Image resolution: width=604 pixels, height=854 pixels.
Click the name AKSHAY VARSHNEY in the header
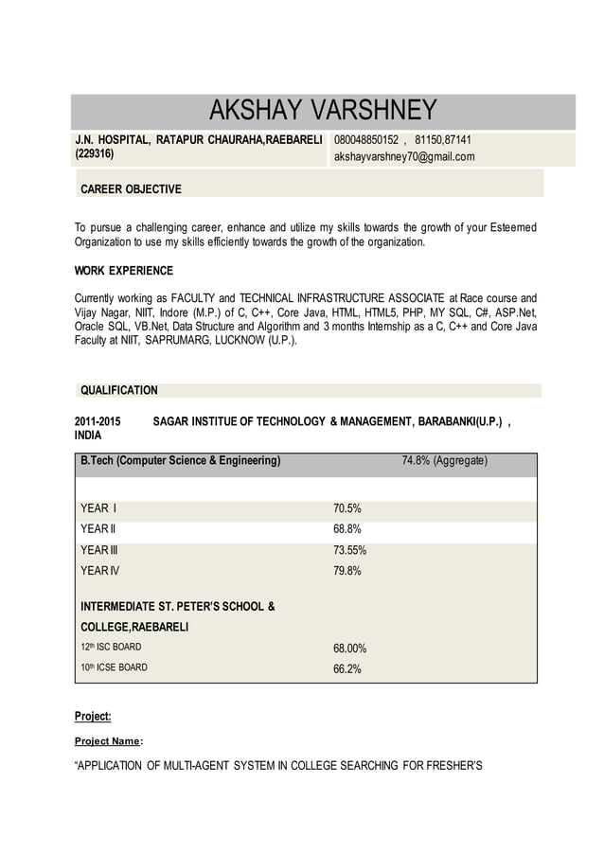point(322,111)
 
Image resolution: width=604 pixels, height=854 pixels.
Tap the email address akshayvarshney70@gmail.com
point(404,156)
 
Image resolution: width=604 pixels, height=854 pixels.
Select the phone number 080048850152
point(366,140)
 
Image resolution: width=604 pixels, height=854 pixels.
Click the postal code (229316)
point(95,153)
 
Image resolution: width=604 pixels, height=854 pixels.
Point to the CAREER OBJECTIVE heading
point(131,189)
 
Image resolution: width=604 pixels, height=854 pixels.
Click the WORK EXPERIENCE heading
point(124,271)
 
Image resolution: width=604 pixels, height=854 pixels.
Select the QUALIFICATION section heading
point(119,390)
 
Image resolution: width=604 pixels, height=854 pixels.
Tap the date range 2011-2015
point(98,420)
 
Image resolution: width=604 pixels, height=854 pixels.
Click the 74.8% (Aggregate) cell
point(445,461)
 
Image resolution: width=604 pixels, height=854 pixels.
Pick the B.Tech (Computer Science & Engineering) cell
point(181,461)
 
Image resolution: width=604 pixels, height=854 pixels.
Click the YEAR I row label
point(98,508)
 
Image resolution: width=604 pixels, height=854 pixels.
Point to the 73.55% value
point(350,550)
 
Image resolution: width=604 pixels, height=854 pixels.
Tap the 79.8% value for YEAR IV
point(347,571)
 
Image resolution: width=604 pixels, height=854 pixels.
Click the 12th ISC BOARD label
point(111,647)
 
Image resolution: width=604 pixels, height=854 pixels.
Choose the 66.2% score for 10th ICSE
point(347,668)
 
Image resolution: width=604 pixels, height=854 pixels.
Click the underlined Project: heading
point(93,716)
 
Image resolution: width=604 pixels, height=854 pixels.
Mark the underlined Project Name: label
point(109,741)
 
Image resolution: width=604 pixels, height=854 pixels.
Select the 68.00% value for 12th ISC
point(350,649)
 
